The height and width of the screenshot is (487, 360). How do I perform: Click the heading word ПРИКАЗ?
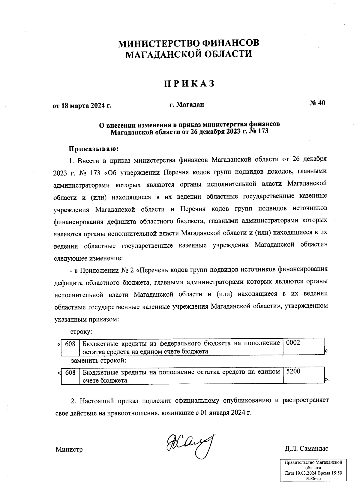click(189, 84)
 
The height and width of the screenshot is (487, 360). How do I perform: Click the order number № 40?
click(317, 103)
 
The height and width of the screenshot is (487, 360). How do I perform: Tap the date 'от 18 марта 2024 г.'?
click(82, 106)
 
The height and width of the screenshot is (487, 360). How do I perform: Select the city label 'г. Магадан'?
click(186, 104)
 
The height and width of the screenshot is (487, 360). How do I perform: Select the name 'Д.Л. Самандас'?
click(307, 449)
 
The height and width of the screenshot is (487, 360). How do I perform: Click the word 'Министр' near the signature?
click(69, 449)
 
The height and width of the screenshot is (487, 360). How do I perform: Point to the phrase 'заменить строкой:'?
click(98, 360)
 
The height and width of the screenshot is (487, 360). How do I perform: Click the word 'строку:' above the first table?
click(81, 332)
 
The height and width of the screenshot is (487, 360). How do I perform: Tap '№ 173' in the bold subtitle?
click(259, 132)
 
